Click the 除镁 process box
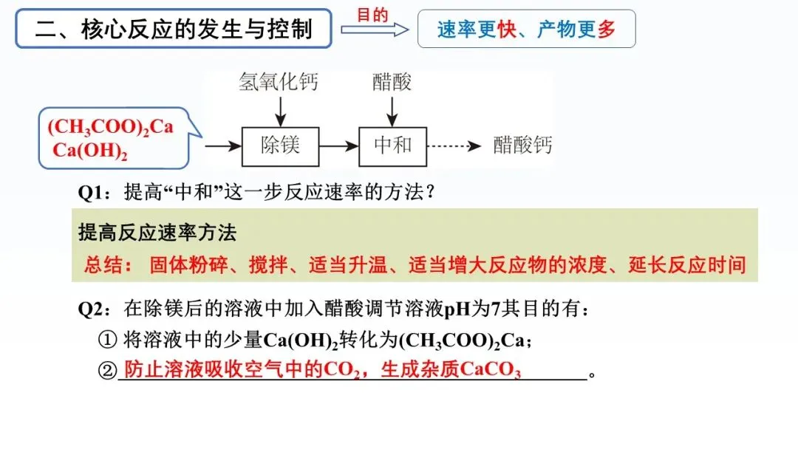point(280,145)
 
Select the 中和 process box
point(393,145)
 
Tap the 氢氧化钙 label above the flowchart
point(279,81)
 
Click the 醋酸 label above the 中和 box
point(392,81)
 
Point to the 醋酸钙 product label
point(523,145)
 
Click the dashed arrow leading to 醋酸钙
point(454,146)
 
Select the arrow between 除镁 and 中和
point(338,146)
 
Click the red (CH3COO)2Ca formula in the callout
point(110,127)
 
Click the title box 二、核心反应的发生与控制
point(174,30)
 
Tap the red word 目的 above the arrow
point(372,15)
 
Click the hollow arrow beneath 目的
point(374,30)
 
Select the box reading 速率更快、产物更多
point(526,30)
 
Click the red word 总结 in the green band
point(103,265)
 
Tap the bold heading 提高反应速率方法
point(157,233)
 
